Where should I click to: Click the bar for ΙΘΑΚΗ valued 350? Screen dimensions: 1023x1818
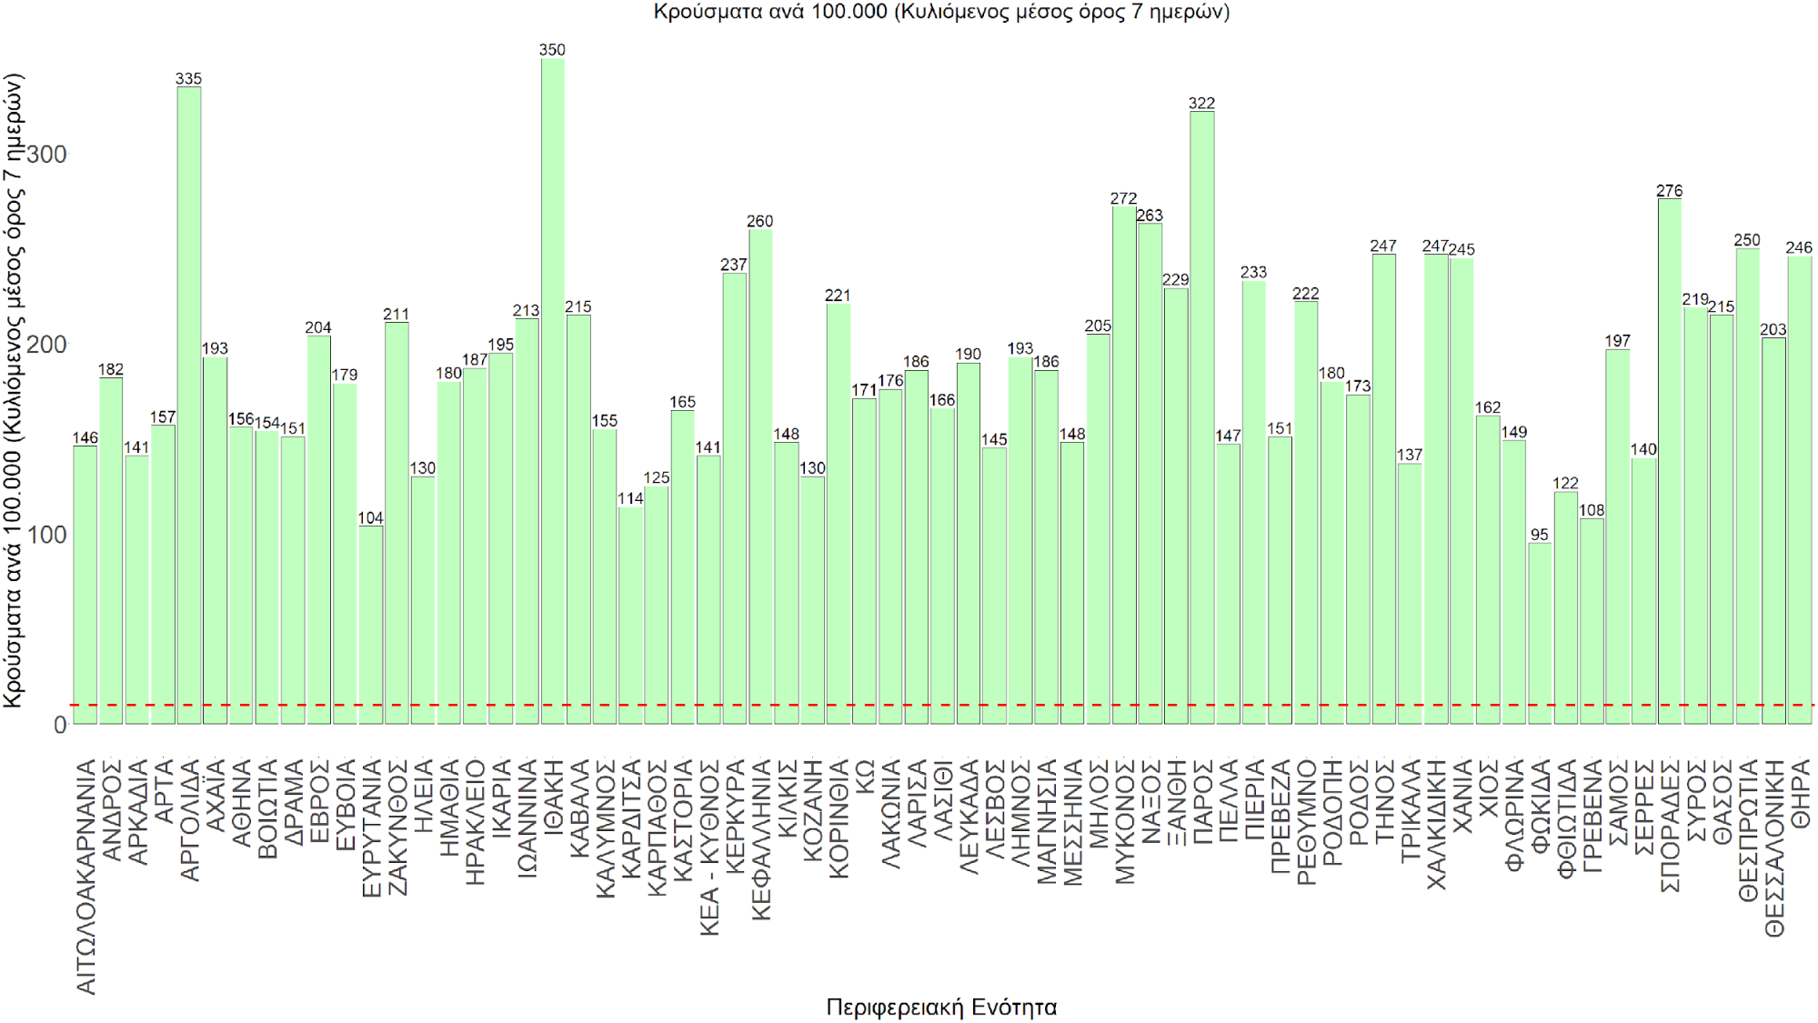click(x=552, y=391)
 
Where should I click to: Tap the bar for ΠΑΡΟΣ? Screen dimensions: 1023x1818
click(x=1201, y=417)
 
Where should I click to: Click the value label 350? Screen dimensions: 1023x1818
click(x=552, y=50)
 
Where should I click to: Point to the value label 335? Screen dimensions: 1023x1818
click(x=189, y=79)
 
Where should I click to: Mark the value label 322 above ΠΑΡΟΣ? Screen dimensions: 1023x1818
click(x=1201, y=104)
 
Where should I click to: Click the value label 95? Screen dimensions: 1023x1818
click(x=1540, y=535)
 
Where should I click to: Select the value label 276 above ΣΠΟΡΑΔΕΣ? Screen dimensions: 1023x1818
click(x=1670, y=191)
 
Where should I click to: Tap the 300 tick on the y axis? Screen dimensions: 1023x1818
click(x=46, y=155)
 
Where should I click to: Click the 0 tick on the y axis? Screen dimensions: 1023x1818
click(x=60, y=725)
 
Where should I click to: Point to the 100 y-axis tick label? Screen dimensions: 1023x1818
click(x=46, y=535)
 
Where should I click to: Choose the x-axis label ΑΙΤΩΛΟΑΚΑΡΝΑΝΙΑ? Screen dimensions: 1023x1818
click(x=85, y=877)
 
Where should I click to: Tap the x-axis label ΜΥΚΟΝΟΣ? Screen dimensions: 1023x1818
click(x=1125, y=822)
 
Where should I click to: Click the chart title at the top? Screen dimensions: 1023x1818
click(x=941, y=12)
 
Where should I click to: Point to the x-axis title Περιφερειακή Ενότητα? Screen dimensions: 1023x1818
click(x=941, y=1007)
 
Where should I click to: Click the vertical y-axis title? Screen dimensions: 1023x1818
click(x=13, y=391)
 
